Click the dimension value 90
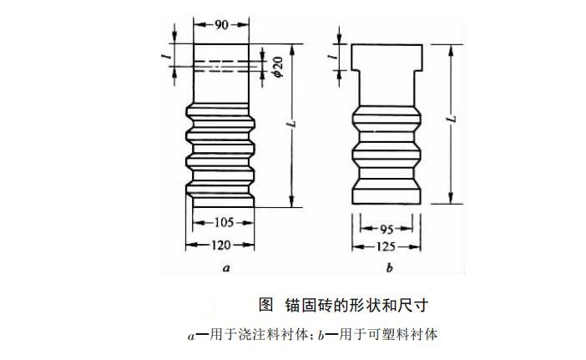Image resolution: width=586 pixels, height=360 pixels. pyautogui.click(x=220, y=26)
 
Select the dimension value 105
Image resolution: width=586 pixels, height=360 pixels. pyautogui.click(x=222, y=223)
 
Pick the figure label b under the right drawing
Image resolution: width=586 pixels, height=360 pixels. pyautogui.click(x=390, y=268)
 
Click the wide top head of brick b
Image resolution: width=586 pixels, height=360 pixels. pyautogui.click(x=386, y=57)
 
